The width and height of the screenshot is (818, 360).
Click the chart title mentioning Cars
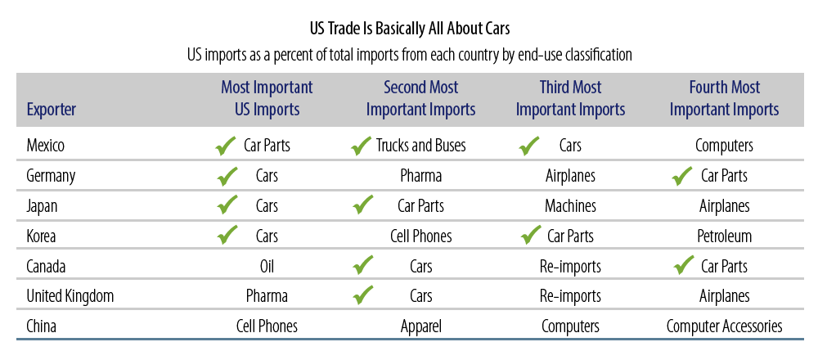pos(410,29)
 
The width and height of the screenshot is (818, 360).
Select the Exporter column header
pos(51,110)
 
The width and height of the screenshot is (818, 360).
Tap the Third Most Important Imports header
pos(570,98)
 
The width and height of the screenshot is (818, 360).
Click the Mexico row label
pos(45,146)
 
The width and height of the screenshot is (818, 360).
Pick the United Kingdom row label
pos(70,297)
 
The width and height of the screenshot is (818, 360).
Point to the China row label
pos(41,327)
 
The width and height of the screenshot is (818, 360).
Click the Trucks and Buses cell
pos(421,146)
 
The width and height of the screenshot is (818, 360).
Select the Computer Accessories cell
pos(724,327)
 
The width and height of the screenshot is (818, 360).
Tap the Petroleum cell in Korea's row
pos(724,236)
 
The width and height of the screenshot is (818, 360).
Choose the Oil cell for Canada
pos(267,267)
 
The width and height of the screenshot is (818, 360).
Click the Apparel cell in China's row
pos(421,327)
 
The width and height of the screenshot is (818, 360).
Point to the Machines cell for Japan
pos(570,206)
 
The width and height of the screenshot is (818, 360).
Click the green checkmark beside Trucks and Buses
pos(362,146)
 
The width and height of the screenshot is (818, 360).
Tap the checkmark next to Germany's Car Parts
pos(682,176)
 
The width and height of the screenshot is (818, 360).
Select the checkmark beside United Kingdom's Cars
pos(362,295)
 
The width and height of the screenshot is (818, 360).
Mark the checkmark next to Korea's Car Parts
pos(531,236)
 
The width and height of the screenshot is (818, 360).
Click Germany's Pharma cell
pos(421,176)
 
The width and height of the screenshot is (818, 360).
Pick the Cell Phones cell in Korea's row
pos(421,236)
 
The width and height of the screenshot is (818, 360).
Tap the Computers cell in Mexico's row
pos(724,146)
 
